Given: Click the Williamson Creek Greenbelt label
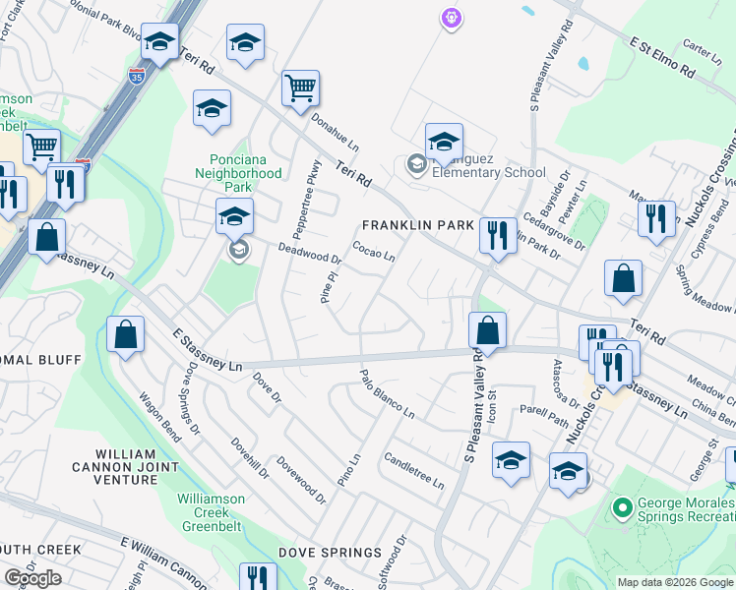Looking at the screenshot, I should click(x=212, y=512).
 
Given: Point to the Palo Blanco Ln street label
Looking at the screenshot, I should click(x=387, y=393).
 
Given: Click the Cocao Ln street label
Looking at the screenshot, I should click(x=374, y=252).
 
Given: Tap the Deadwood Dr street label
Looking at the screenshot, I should click(x=309, y=254).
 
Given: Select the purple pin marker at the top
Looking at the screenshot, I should click(x=451, y=17).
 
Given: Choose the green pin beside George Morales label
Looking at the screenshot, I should click(x=621, y=508).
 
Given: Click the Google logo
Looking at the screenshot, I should click(x=32, y=578).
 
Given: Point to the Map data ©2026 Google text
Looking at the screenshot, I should click(x=675, y=582).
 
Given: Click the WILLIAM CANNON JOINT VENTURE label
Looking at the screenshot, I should click(x=127, y=466).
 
